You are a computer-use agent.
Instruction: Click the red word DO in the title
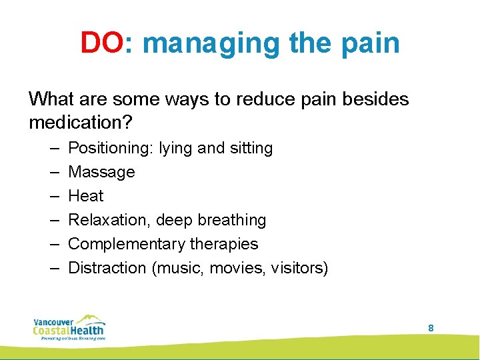(x=102, y=43)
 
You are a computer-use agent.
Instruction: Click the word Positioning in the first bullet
(x=110, y=148)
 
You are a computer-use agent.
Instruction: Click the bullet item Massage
(x=101, y=172)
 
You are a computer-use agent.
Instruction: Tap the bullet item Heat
(x=86, y=196)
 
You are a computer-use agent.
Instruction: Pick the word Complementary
(x=125, y=244)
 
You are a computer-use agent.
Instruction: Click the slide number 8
(x=431, y=328)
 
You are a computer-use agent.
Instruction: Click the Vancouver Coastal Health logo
(x=69, y=327)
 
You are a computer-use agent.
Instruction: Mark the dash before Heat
(x=54, y=196)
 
